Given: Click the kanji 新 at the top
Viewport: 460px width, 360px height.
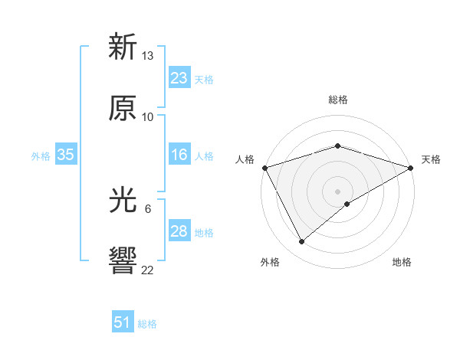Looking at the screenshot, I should pos(123,47).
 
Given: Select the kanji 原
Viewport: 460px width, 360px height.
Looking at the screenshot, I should pos(123,109).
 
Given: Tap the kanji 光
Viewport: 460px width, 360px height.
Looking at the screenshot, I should pos(123,200).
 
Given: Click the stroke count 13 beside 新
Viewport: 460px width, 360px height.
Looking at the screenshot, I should pos(148,56).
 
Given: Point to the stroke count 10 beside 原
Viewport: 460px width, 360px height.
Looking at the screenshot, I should pos(148,117).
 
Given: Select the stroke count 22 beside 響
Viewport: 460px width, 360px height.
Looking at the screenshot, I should pos(148,270).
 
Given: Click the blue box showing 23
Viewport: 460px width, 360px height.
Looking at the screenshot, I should pos(179,78).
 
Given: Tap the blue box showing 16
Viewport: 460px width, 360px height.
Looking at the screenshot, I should pos(179,155).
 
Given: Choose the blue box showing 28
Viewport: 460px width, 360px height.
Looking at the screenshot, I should pos(179,231).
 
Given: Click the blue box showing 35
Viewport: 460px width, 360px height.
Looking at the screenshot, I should pos(66,155).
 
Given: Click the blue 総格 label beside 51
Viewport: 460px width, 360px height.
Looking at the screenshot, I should pos(147,324).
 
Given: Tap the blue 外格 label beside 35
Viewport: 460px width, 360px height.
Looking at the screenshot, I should pos(41,156).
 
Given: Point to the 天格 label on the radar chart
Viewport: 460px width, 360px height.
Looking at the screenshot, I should pos(431,159).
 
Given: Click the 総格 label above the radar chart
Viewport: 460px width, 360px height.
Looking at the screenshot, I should pos(337,100).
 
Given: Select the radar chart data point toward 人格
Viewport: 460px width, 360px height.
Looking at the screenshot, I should pos(264,168).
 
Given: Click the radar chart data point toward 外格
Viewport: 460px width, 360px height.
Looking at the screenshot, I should pos(302,242).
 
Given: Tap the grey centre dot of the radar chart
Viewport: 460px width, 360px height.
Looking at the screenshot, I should pos(337,191).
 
